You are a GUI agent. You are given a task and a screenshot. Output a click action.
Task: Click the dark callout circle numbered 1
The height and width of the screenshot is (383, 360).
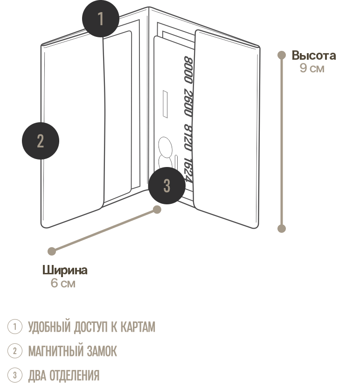click(101, 19)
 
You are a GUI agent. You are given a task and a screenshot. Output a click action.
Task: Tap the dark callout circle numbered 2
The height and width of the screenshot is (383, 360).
click(41, 140)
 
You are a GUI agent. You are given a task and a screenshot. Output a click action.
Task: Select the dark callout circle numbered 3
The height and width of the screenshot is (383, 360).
click(166, 186)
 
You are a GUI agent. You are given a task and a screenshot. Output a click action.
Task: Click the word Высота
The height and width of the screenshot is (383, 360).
click(314, 56)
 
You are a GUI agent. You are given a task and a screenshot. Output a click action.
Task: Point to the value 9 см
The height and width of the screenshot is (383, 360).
click(312, 69)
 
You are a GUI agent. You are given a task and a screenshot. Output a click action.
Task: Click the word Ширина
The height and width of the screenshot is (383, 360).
click(65, 271)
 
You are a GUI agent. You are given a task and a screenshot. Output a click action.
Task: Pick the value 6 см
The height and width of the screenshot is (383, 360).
click(63, 283)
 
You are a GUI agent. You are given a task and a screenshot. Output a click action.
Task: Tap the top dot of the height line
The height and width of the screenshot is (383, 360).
click(282, 55)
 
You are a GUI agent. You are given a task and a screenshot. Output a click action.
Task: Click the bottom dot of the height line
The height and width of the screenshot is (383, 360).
click(282, 229)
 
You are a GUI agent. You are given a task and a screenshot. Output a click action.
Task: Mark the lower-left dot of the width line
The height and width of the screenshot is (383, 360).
click(52, 251)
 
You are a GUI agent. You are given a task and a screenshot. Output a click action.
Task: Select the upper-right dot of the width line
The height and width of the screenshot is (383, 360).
click(158, 210)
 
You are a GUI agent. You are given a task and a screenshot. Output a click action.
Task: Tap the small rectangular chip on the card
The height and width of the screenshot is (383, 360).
click(166, 103)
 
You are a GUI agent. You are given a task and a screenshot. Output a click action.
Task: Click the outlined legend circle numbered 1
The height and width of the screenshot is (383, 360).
click(15, 327)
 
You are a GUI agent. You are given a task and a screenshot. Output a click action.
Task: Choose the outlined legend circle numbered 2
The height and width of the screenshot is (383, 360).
click(15, 351)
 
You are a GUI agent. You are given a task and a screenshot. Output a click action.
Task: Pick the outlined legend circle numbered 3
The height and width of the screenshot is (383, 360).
click(15, 376)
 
